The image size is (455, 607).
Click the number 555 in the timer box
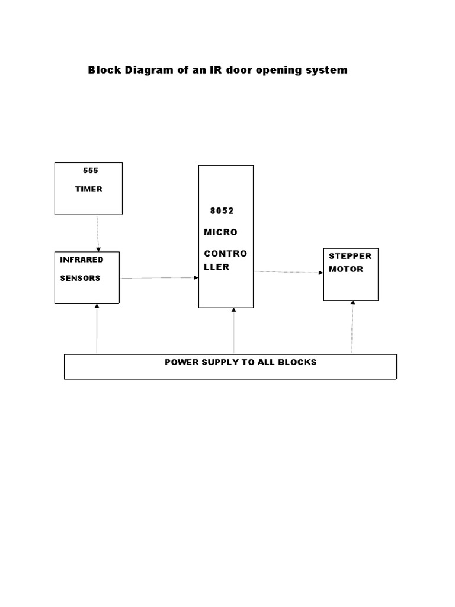[x=91, y=170]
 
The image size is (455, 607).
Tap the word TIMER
[x=88, y=189]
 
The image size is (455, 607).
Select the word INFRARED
[x=82, y=259]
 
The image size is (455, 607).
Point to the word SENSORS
[x=80, y=278]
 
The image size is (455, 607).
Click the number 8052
[x=222, y=210]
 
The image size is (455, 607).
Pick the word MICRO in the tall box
[x=220, y=232]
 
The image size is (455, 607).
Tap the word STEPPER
[x=350, y=256]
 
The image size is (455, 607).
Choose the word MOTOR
[x=346, y=269]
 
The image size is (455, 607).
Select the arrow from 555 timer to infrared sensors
[x=98, y=233]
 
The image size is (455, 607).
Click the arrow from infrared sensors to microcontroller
[x=159, y=277]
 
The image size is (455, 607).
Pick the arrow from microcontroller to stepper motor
[x=289, y=272]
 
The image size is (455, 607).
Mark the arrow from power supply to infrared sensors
[x=97, y=329]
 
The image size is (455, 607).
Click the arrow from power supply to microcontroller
[x=234, y=331]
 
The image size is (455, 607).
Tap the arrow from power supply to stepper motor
[x=353, y=327]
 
